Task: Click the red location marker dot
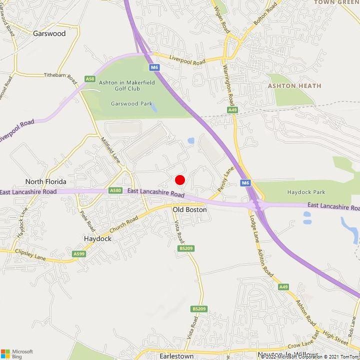click(180, 179)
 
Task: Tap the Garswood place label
click(49, 34)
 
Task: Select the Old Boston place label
click(189, 209)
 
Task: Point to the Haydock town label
click(97, 238)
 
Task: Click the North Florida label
click(46, 181)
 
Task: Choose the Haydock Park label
click(306, 192)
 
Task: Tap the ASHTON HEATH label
click(294, 86)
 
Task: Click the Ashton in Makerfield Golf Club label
click(126, 85)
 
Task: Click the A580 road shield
click(115, 190)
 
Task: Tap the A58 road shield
click(90, 79)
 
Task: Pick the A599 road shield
click(79, 254)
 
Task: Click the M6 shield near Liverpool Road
click(153, 67)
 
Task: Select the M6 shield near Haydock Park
click(245, 183)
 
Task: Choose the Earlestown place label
click(176, 355)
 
